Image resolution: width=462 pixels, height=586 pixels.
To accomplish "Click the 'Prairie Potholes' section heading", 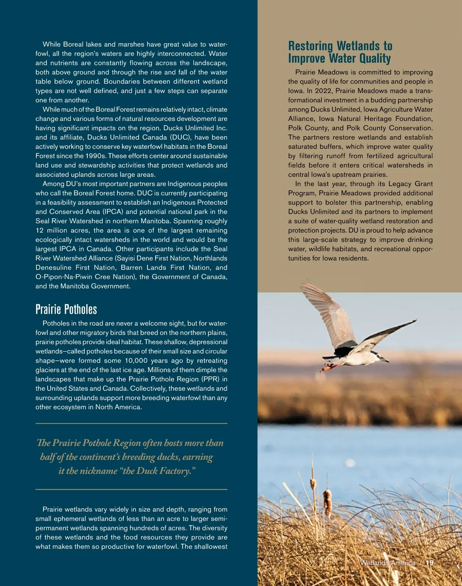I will pyautogui.click(x=66, y=309).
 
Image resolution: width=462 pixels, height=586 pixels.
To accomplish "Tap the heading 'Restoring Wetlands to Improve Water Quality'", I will pyautogui.click(x=340, y=52).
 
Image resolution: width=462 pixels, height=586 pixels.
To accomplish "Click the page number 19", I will pyautogui.click(x=430, y=563).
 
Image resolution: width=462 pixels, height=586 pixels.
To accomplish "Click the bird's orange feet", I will pyautogui.click(x=326, y=368).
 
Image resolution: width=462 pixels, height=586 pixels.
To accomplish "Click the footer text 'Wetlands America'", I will pyautogui.click(x=388, y=563).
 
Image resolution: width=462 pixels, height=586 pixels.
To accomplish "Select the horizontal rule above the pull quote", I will pyautogui.click(x=131, y=424).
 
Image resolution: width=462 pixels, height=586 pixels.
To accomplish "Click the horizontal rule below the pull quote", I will pyautogui.click(x=131, y=489).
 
